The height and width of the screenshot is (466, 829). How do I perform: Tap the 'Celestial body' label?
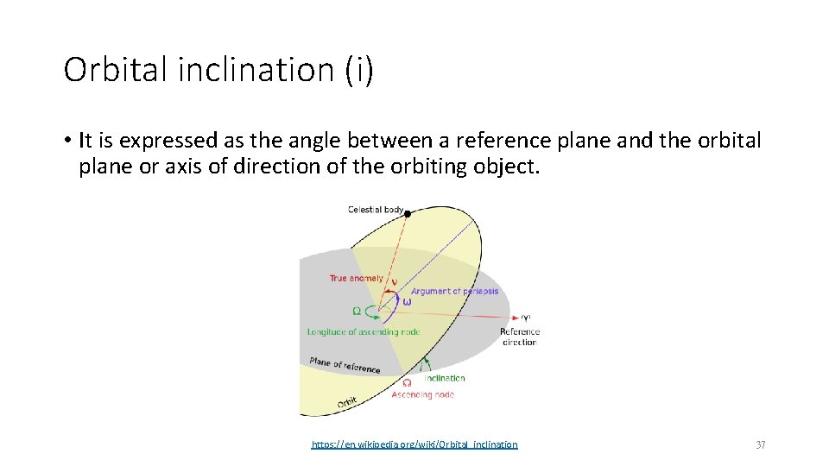tap(375, 210)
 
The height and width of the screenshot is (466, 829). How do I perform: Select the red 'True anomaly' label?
tap(356, 278)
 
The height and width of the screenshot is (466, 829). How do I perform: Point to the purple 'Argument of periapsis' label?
tap(454, 292)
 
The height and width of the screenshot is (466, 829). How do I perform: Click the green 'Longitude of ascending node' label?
tap(363, 331)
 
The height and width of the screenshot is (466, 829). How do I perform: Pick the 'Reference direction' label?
tap(519, 337)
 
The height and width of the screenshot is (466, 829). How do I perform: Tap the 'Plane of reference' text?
tap(345, 365)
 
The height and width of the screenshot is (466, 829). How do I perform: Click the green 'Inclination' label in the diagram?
tap(446, 378)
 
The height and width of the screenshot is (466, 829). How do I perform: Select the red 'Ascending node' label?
tap(422, 394)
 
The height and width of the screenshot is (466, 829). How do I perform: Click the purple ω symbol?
tap(408, 301)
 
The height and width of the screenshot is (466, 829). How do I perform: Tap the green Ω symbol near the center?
tap(356, 311)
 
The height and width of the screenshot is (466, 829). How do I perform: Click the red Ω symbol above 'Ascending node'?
tap(407, 383)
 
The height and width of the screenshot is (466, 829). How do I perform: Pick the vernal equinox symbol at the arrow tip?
tap(525, 317)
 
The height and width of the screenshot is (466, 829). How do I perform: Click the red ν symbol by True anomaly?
tap(395, 280)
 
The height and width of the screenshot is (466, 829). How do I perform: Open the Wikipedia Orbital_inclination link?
tap(414, 444)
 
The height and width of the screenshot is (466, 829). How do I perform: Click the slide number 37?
tap(760, 444)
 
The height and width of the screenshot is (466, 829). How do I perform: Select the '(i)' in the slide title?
tap(358, 70)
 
